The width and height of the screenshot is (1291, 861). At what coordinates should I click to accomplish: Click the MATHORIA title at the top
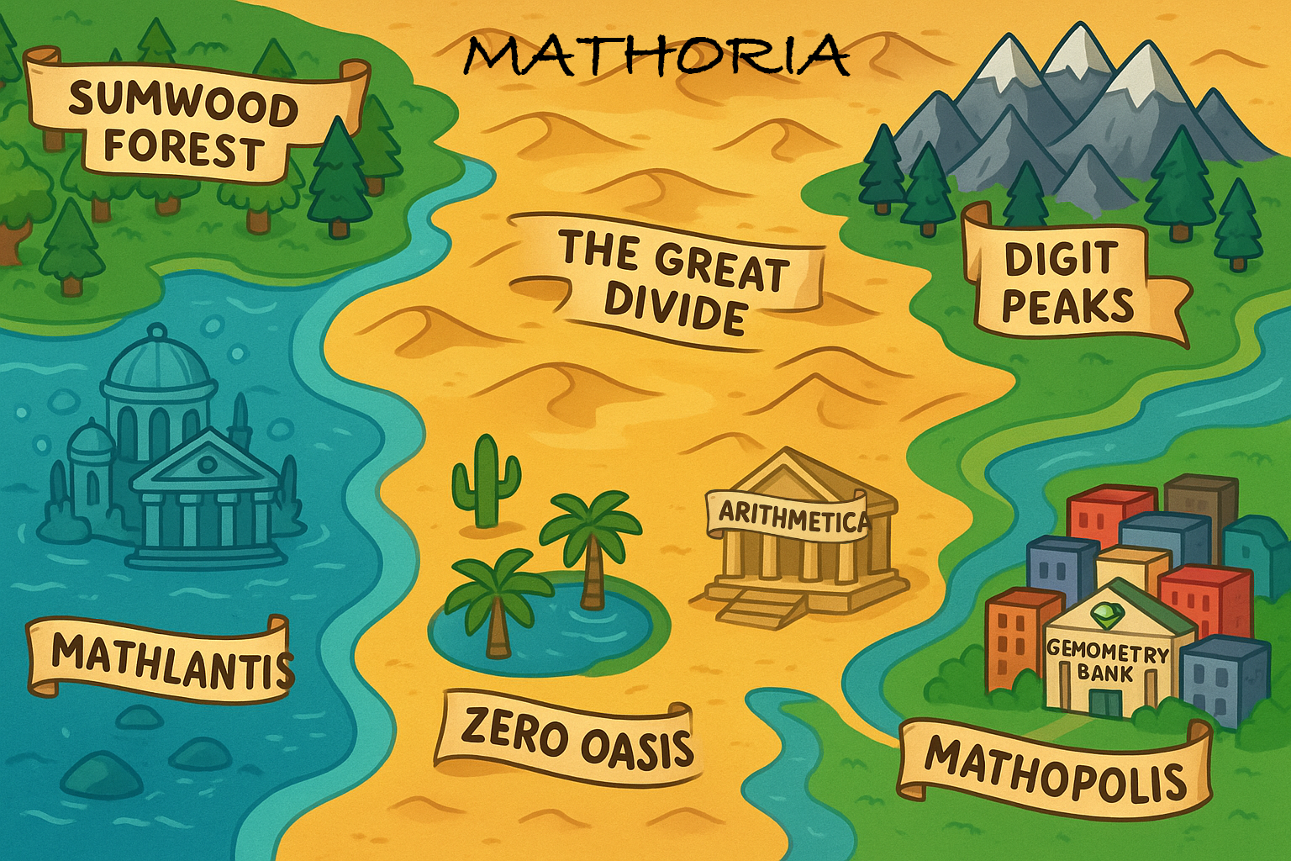[x=656, y=55]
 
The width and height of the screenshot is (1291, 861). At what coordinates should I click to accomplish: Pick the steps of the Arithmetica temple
[x=752, y=607]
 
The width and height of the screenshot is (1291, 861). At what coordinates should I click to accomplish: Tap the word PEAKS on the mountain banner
[x=1067, y=307]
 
